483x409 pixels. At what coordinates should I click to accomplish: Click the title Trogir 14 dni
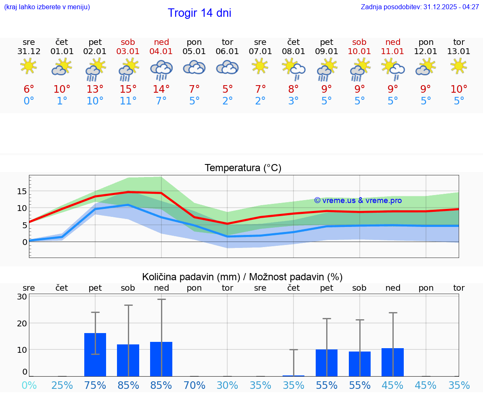(x=199, y=13)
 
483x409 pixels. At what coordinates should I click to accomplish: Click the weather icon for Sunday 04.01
(x=161, y=69)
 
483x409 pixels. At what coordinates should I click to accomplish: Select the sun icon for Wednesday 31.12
(x=29, y=66)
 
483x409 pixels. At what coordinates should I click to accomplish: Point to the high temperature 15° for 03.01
(x=128, y=89)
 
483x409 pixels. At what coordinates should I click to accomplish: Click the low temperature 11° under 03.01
(x=128, y=101)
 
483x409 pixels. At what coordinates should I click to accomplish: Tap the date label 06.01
(x=227, y=52)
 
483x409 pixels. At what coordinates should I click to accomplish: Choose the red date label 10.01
(x=359, y=52)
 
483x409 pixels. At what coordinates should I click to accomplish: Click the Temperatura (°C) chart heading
(x=243, y=168)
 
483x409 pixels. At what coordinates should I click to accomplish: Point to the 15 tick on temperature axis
(x=22, y=191)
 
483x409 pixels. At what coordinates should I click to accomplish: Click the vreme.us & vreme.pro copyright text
(x=358, y=201)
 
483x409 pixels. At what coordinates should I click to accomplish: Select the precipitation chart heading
(x=242, y=277)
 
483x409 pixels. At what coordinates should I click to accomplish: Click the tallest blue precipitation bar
(x=95, y=354)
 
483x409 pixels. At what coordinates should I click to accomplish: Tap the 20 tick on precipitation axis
(x=22, y=323)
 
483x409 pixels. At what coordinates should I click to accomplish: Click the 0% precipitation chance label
(x=29, y=385)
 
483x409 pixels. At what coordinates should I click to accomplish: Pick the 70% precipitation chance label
(x=194, y=385)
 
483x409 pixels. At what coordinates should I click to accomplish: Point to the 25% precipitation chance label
(x=62, y=385)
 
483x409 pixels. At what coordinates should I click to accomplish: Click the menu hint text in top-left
(x=47, y=7)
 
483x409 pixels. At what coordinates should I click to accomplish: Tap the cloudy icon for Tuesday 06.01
(x=227, y=68)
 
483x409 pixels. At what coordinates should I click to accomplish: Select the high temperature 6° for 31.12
(x=29, y=89)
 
